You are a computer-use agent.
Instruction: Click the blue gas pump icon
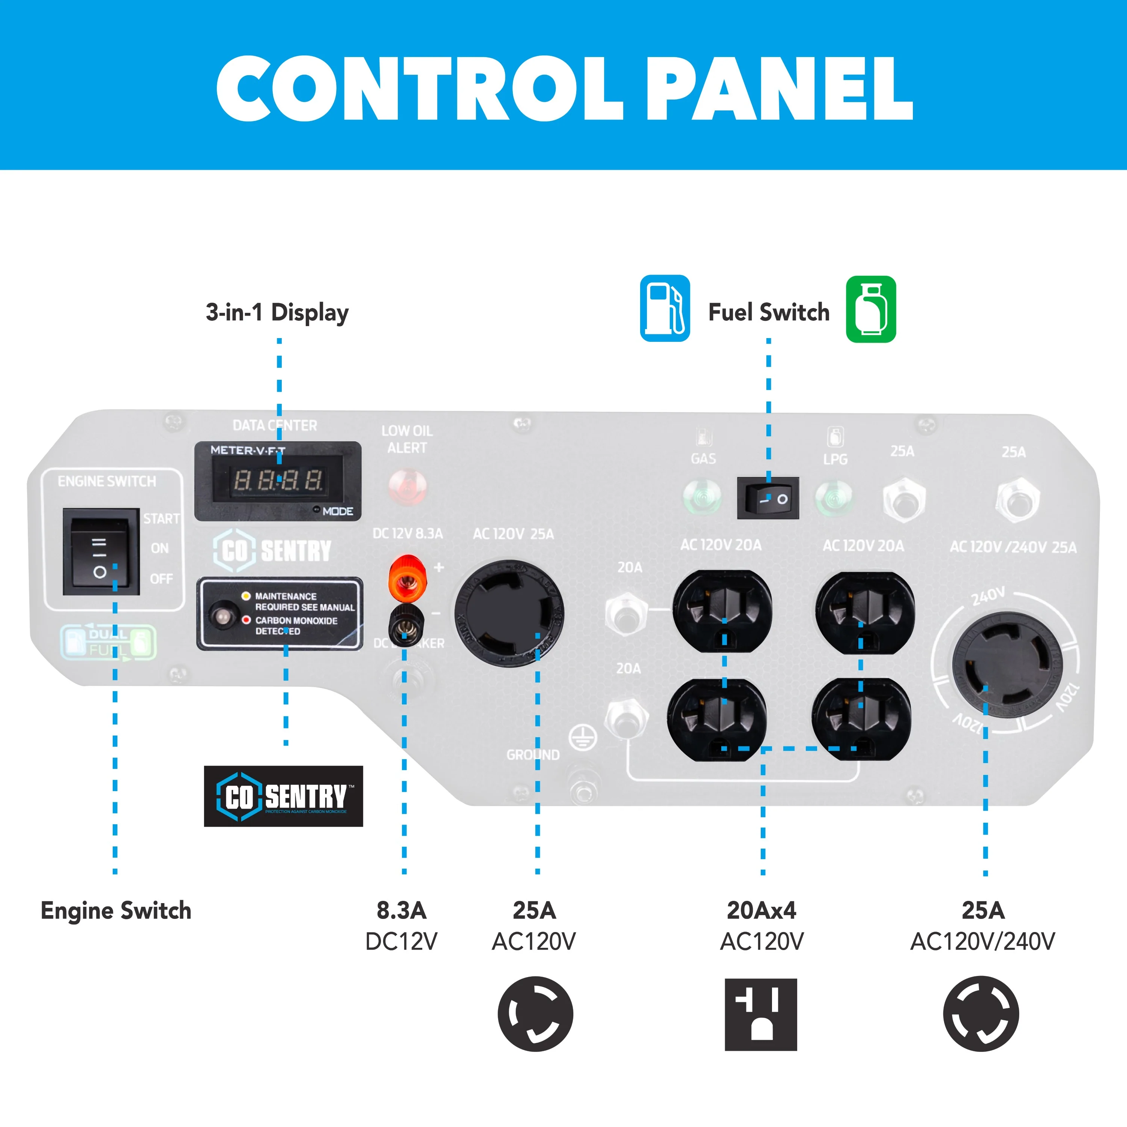[x=665, y=308]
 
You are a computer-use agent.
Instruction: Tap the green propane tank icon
[x=870, y=309]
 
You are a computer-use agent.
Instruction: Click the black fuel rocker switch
[x=767, y=498]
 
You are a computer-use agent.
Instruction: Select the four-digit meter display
[x=278, y=479]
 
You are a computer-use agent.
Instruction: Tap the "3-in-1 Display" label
[x=277, y=312]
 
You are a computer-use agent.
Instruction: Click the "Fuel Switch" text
[x=768, y=312]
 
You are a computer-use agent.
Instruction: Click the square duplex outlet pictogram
[x=761, y=1014]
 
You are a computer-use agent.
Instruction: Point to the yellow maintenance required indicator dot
[x=246, y=595]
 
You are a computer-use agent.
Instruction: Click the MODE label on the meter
[x=338, y=512]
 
